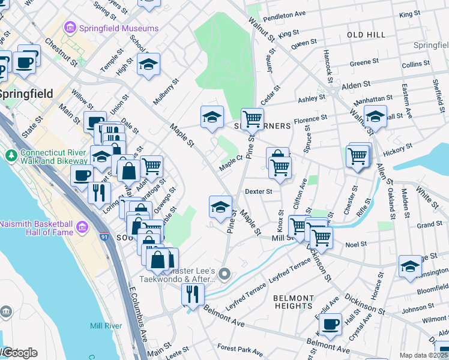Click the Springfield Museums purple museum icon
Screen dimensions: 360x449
click(70, 28)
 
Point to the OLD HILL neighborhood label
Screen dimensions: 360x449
click(366, 35)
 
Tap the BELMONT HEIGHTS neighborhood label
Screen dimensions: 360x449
click(292, 302)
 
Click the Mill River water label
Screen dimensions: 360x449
click(106, 326)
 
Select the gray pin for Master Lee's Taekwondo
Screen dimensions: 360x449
click(224, 275)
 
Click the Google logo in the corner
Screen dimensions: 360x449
click(19, 353)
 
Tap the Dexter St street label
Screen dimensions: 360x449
click(259, 191)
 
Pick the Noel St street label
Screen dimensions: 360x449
click(355, 244)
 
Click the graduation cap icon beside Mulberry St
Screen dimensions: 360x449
click(148, 65)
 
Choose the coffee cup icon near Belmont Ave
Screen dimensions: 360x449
click(330, 325)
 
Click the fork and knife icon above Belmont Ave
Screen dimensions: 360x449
click(193, 293)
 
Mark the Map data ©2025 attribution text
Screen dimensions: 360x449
click(424, 355)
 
